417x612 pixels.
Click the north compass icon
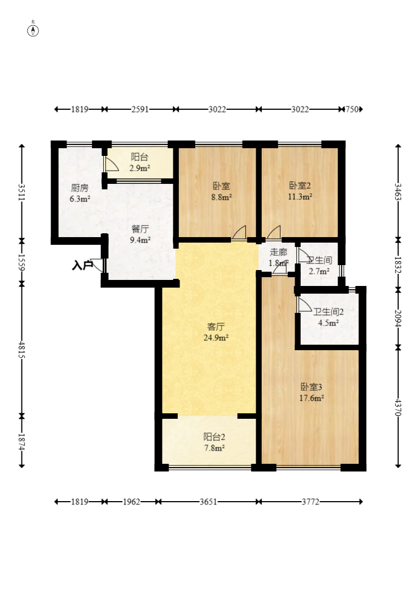(x=33, y=30)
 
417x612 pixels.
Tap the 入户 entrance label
(x=82, y=266)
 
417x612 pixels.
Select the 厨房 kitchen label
(x=80, y=188)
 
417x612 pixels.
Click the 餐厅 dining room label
(x=140, y=229)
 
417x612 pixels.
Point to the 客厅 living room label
(x=216, y=326)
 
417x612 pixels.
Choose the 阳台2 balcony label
(x=214, y=437)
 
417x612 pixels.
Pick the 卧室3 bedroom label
(x=311, y=387)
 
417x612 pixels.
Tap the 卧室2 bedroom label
(x=300, y=186)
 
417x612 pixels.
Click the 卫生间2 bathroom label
(x=329, y=312)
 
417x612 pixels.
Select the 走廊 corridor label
(x=278, y=252)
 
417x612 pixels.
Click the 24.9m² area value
(x=216, y=338)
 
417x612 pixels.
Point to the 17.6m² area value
(x=311, y=398)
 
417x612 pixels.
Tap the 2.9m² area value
(x=140, y=168)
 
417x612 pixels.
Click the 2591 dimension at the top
(x=140, y=109)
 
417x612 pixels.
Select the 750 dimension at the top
(x=352, y=109)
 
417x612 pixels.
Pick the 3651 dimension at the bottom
(x=208, y=502)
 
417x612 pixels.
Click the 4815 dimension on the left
(x=22, y=350)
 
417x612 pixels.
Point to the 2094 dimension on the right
(x=398, y=318)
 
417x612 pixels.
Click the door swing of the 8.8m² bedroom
(x=239, y=233)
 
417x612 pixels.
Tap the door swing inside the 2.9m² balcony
(x=111, y=164)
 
